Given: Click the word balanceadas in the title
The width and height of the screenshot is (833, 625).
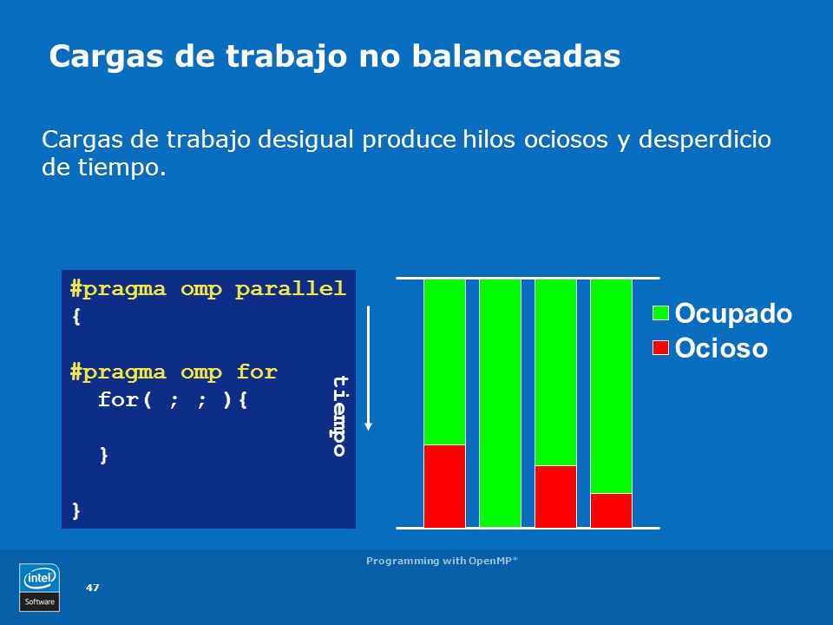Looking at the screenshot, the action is pos(515,56).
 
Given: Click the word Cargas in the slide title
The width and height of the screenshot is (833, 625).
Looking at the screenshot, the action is pos(106,57).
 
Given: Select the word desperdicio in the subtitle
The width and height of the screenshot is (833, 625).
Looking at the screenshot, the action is pos(705,141).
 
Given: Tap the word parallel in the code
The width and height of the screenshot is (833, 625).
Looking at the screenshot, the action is pos(290,288).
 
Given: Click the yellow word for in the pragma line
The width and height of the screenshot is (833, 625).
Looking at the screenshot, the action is pos(257,372).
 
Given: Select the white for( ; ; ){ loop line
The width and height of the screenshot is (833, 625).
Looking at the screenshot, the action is pos(173,399).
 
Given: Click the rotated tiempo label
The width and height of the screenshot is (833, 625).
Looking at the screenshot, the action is pos(340,416).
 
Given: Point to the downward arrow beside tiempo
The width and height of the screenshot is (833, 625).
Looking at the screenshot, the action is pos(368,368).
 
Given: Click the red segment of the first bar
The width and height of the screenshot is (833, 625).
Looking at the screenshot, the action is pos(444,486).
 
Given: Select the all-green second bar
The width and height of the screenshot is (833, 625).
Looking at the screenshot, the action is pos(500,403).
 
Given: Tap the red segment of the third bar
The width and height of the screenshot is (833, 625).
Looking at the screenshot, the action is pos(555,497).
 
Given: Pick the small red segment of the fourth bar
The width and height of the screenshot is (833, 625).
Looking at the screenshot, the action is pos(611,510).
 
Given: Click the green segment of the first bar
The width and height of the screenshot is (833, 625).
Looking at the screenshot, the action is pos(444,362).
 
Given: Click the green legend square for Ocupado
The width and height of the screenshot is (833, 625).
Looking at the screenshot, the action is pos(660,313).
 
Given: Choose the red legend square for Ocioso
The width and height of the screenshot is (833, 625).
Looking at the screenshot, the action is pos(660,347).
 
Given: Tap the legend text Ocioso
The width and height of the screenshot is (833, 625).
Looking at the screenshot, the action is pos(721,348).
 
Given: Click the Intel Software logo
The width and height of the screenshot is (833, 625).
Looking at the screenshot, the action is pos(39,588).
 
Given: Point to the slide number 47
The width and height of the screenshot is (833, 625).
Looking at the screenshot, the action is pos(93,588).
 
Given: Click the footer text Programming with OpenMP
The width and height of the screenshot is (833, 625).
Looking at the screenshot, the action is pos(442,561).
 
